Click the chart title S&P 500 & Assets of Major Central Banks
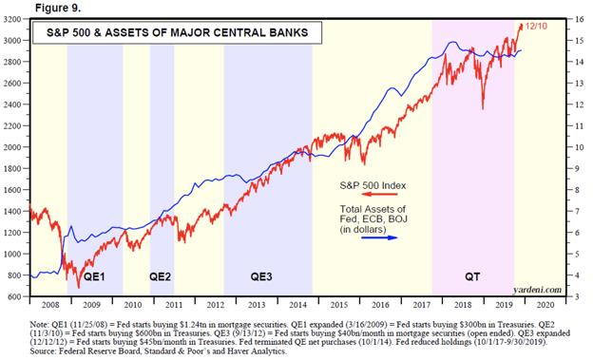click(x=177, y=32)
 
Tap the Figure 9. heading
click(x=58, y=8)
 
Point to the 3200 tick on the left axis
click(x=12, y=19)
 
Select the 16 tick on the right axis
click(x=580, y=19)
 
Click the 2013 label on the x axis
click(x=257, y=305)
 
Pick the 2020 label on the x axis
click(x=545, y=305)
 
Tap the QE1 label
click(x=94, y=276)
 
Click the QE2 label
click(x=160, y=276)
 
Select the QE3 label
click(x=261, y=276)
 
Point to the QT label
click(x=472, y=276)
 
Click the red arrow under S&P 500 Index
click(x=379, y=195)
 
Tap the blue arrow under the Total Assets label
click(x=379, y=237)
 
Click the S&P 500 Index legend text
click(x=373, y=185)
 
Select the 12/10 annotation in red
click(x=536, y=26)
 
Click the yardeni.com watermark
click(x=538, y=290)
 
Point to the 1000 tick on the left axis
click(x=12, y=254)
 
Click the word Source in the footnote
click(x=43, y=351)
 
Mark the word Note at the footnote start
click(x=39, y=325)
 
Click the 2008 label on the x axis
click(x=50, y=305)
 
